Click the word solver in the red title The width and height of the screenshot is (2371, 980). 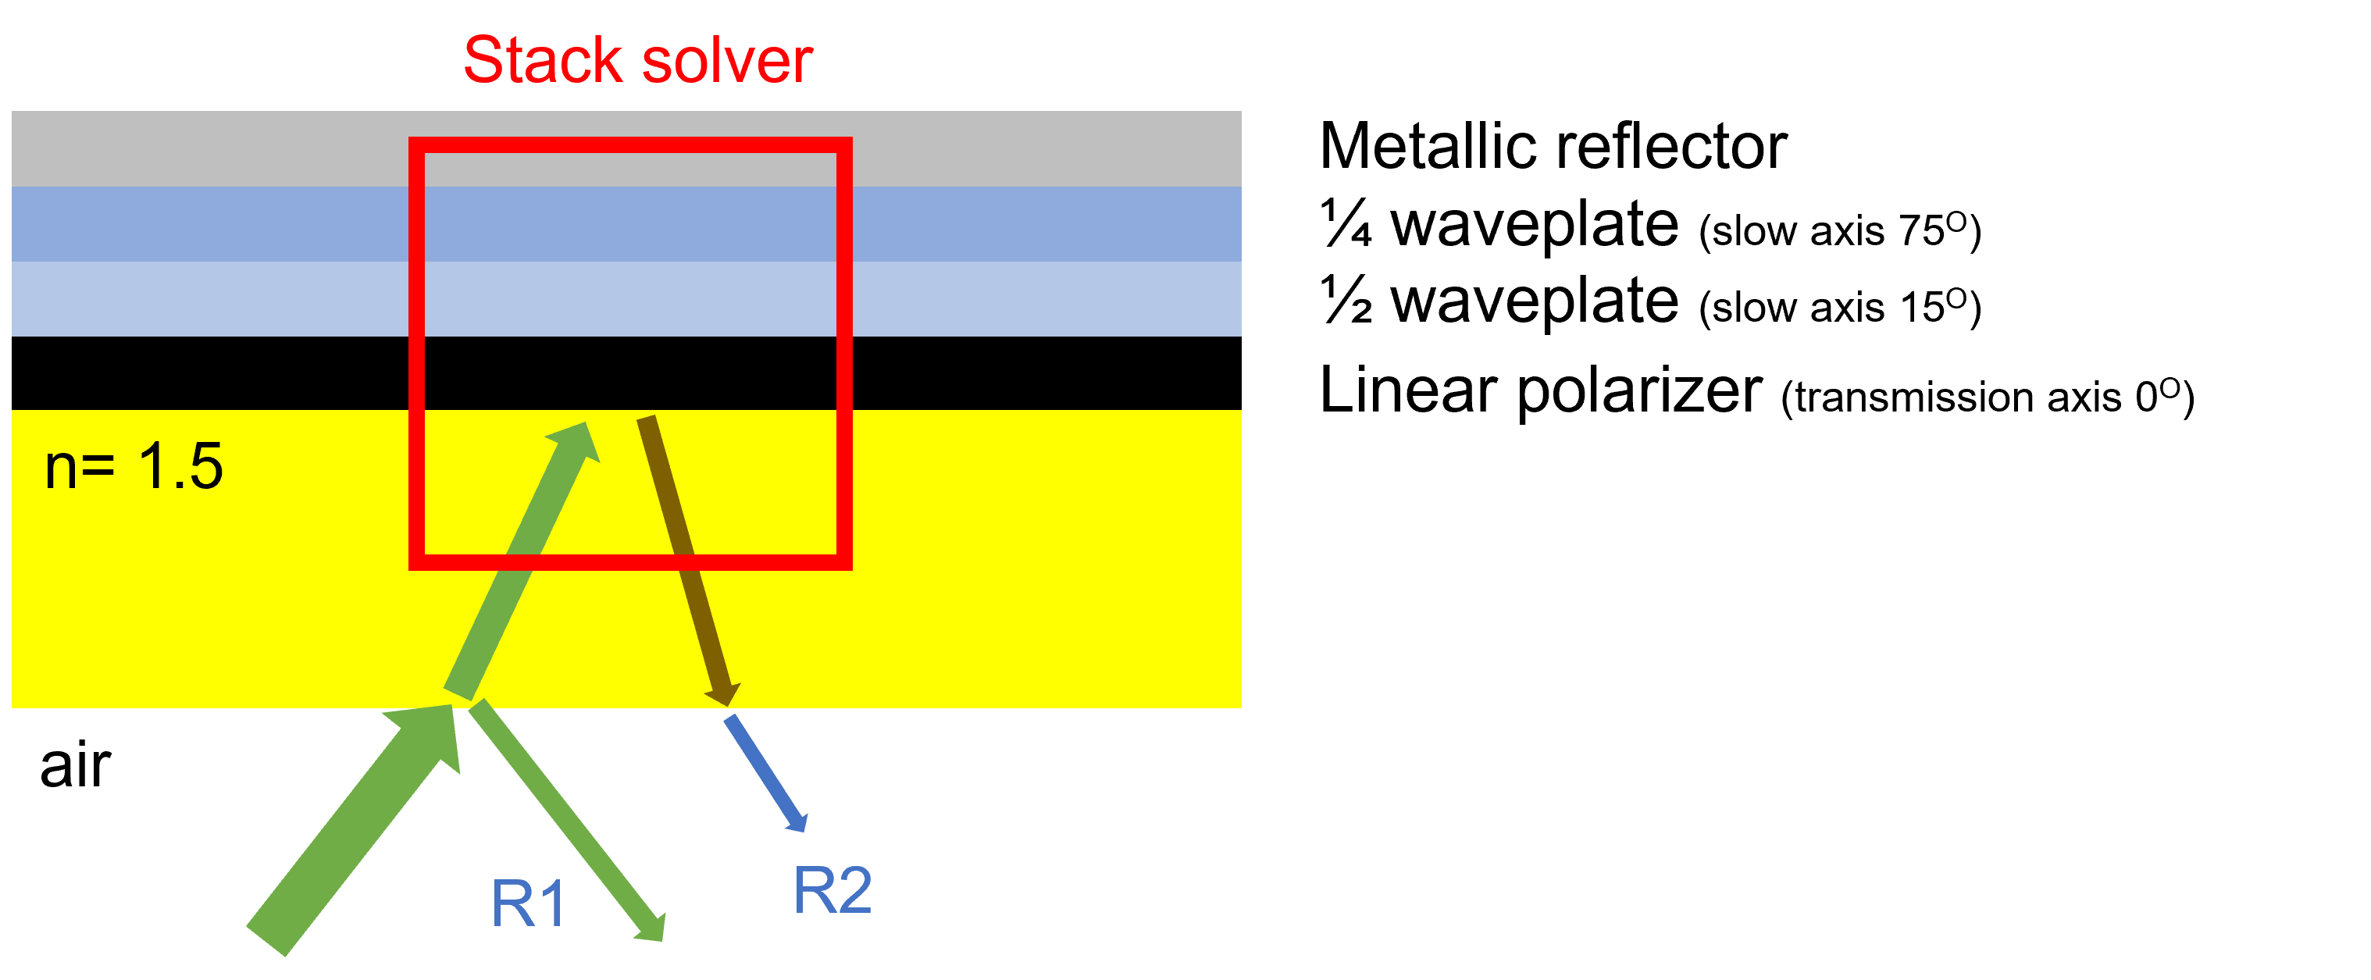tap(727, 62)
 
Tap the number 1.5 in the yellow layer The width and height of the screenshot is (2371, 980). tap(180, 465)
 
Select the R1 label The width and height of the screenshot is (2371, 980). tap(527, 903)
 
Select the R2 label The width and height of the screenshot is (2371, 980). tap(832, 891)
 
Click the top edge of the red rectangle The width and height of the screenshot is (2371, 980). tap(630, 145)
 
